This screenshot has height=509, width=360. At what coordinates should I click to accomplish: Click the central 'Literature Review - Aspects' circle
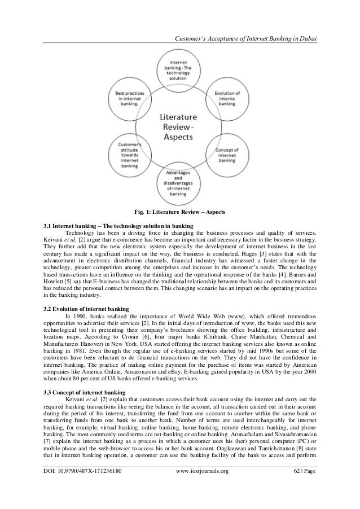[x=179, y=125]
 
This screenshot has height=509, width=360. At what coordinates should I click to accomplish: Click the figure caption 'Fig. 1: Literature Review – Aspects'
[x=179, y=212]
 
